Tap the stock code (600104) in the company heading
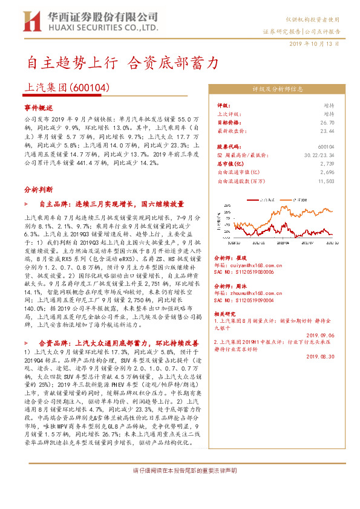(91, 87)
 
